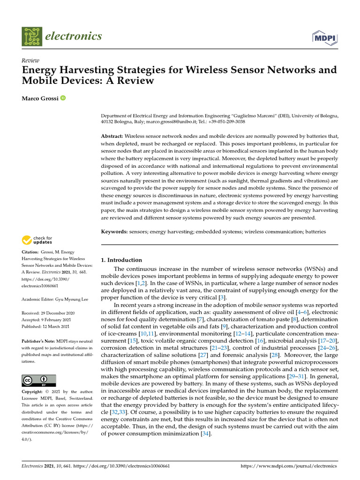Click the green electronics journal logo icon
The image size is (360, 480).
(x=32, y=36)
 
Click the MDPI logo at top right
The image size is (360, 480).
(x=324, y=37)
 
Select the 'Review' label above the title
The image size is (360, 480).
(x=30, y=60)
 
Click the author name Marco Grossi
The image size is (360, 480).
(x=39, y=98)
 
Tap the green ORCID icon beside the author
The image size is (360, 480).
(x=63, y=98)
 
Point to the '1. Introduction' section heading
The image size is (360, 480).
(x=121, y=260)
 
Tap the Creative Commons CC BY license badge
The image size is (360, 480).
(x=39, y=380)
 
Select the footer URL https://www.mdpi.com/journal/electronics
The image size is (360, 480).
(x=288, y=466)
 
